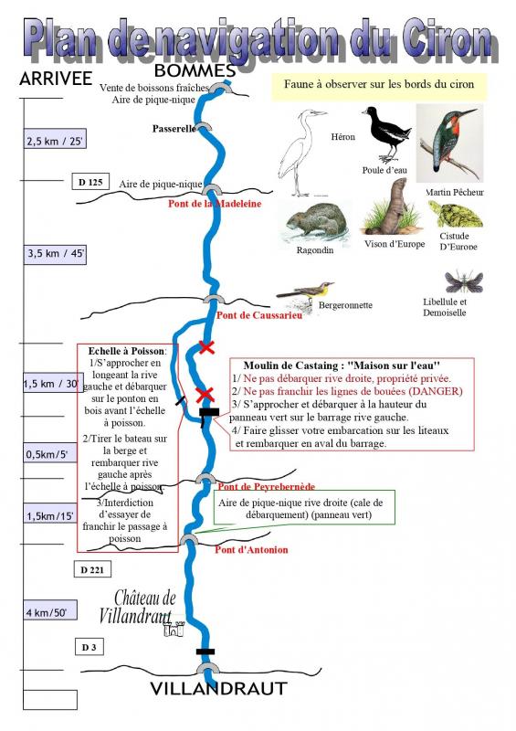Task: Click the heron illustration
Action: (x=300, y=153)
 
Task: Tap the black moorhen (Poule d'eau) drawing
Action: (x=386, y=133)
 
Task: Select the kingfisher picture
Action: (x=450, y=143)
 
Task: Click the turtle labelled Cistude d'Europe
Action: (x=456, y=214)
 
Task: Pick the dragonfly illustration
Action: (x=463, y=281)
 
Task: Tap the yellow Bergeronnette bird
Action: (x=305, y=293)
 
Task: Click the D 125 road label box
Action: (x=90, y=182)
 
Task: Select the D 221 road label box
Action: (x=92, y=569)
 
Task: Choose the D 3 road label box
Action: (x=89, y=647)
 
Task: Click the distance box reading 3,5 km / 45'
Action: (x=55, y=254)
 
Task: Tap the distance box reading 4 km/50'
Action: (x=50, y=611)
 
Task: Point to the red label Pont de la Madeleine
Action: (x=215, y=204)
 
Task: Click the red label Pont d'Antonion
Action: (x=251, y=550)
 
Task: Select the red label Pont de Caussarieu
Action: (x=259, y=315)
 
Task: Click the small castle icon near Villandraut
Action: (x=174, y=629)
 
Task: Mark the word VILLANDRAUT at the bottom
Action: (x=218, y=689)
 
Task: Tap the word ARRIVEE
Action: (x=56, y=79)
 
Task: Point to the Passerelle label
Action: (x=174, y=129)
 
